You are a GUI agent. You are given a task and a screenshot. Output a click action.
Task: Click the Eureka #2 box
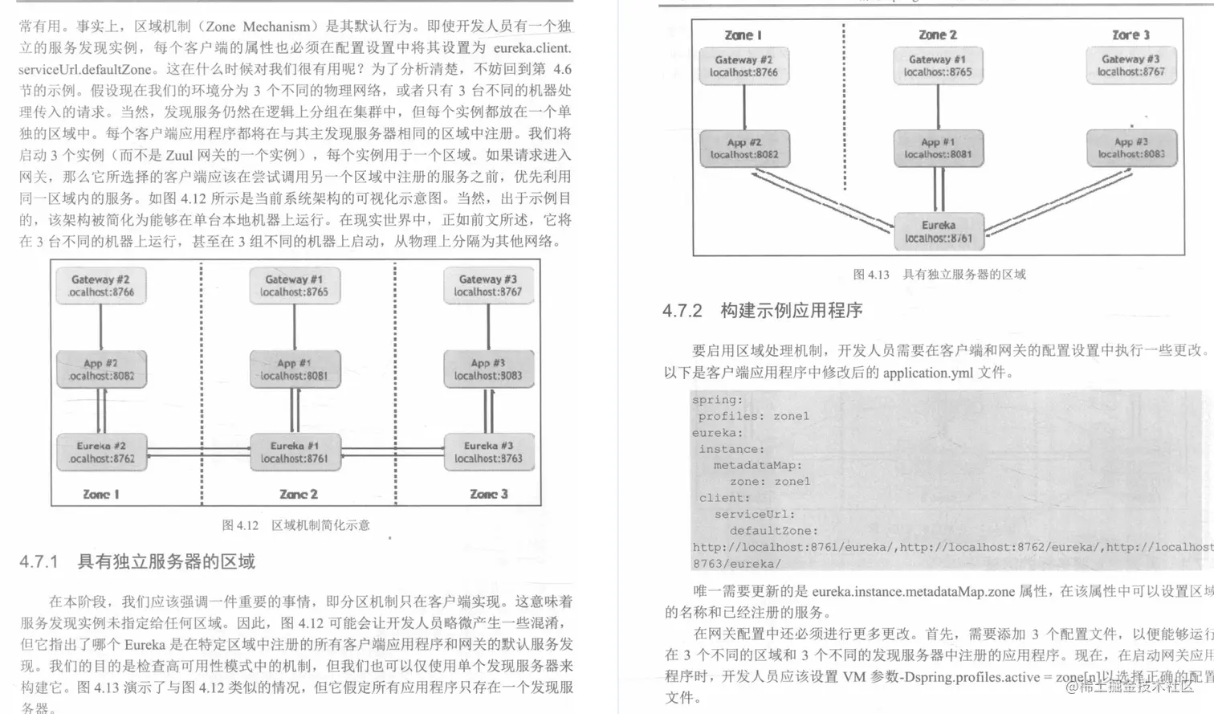[x=101, y=452]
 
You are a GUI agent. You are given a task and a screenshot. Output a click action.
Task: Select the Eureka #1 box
[x=295, y=452]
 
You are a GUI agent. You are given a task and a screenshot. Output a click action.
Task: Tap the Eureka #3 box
[x=488, y=452]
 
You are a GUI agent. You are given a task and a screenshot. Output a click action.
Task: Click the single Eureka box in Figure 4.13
[x=939, y=231]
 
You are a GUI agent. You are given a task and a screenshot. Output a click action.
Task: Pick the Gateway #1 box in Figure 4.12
[x=295, y=286]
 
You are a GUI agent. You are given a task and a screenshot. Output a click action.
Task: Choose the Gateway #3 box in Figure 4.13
[x=1130, y=65]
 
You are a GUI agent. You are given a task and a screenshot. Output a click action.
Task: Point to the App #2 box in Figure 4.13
[x=744, y=149]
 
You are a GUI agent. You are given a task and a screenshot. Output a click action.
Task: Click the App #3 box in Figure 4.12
[x=488, y=369]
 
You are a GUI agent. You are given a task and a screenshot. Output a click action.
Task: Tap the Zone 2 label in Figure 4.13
[x=938, y=35]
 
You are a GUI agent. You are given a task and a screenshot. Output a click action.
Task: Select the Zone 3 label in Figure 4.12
[x=488, y=494]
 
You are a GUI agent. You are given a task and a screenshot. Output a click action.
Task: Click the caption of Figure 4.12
[x=295, y=525]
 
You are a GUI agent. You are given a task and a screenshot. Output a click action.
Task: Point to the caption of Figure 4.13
[x=939, y=275]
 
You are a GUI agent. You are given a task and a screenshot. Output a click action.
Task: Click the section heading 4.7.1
[x=137, y=561]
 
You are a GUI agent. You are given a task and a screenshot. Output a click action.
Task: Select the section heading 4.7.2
[x=762, y=311]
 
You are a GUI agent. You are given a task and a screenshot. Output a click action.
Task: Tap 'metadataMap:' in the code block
[x=757, y=465]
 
